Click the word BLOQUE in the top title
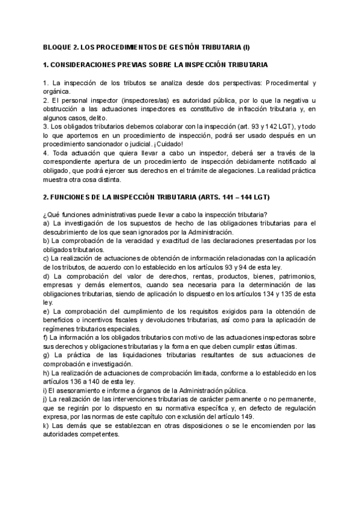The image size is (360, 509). tap(59, 46)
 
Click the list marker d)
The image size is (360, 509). tap(47, 277)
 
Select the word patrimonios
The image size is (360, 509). tap(295, 277)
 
